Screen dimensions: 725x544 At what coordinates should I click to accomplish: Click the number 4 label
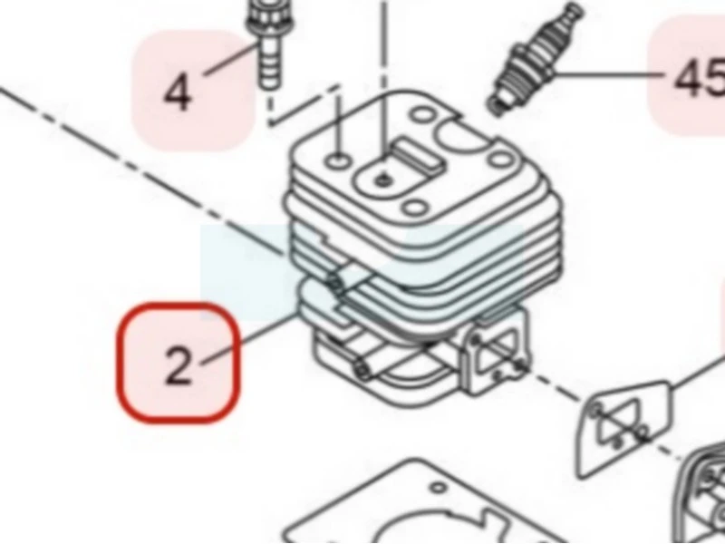coord(178,94)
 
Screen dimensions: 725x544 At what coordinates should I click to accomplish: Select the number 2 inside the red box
coord(179,365)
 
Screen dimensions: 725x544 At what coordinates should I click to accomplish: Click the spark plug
coord(534,59)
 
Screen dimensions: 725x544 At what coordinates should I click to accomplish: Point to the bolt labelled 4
coord(267,44)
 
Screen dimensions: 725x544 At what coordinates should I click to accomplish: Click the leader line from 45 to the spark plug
coord(611,74)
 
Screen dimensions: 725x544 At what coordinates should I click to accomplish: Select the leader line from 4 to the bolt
coord(231,59)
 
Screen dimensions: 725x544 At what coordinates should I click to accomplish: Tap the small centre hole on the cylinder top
coord(382,180)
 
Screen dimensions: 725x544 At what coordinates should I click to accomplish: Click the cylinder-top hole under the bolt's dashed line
coord(339,160)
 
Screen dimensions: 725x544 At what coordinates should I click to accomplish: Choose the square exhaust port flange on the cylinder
coord(496,352)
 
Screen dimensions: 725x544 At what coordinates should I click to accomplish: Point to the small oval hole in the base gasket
coord(438,488)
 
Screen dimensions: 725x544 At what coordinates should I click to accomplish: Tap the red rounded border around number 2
coord(118,363)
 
